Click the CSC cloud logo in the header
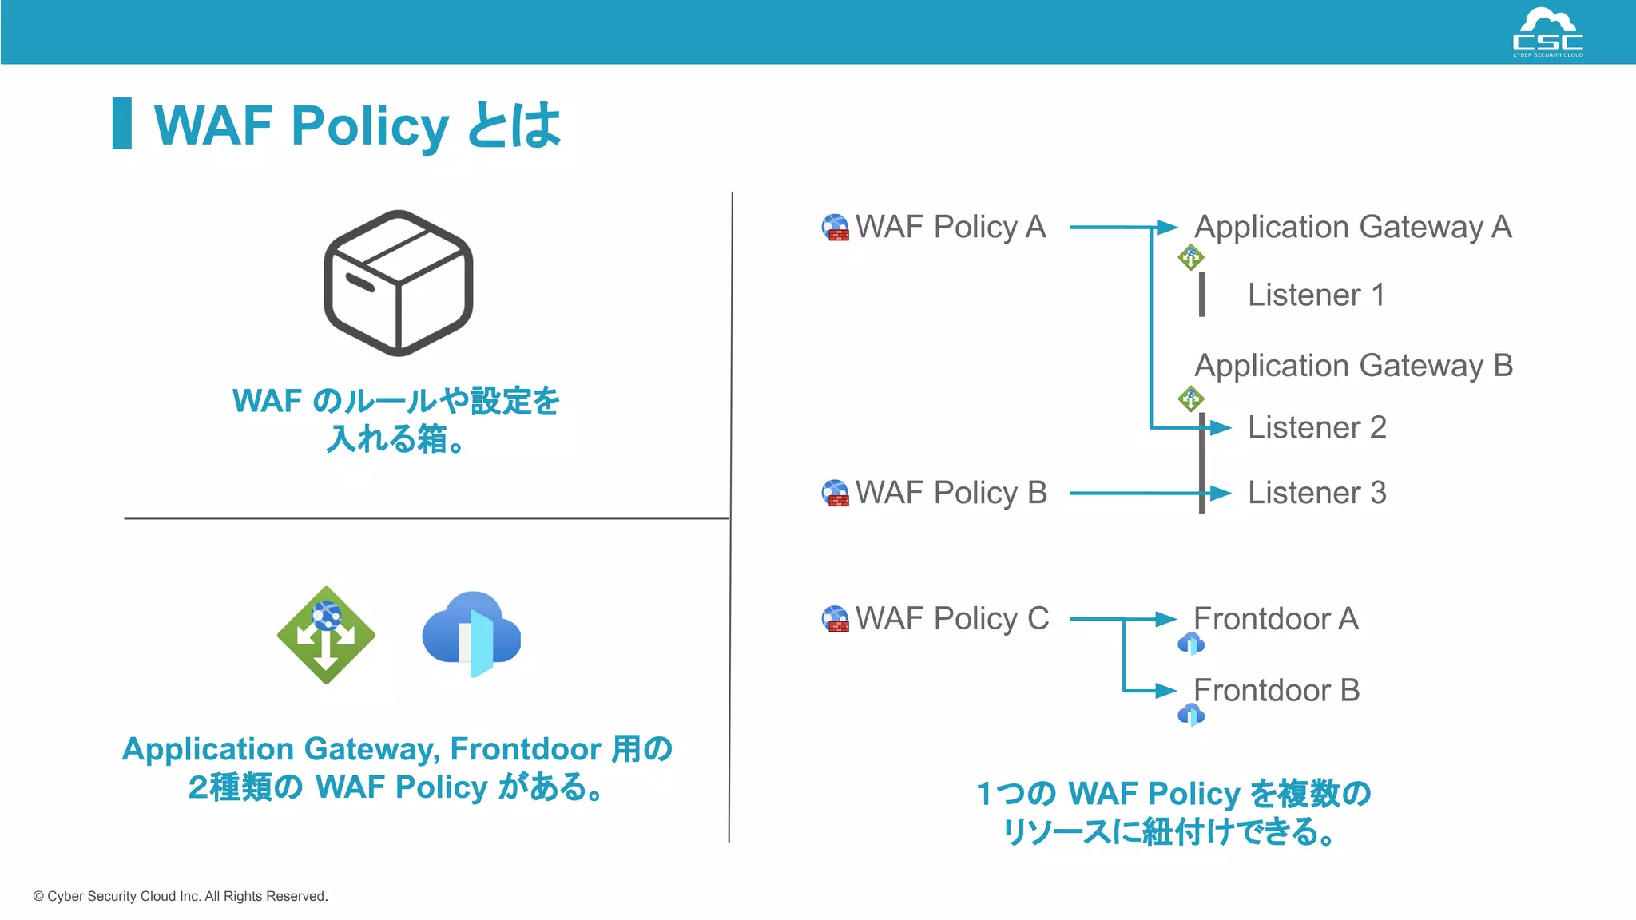[x=1547, y=32]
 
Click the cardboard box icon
[x=398, y=283]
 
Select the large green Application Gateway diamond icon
[x=326, y=636]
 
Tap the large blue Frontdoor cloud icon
[x=472, y=634]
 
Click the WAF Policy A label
[x=950, y=228]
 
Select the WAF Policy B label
[x=951, y=494]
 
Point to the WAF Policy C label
[x=951, y=619]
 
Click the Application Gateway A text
[x=1352, y=228]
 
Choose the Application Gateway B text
[x=1353, y=367]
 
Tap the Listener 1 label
[x=1316, y=295]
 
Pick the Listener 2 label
[x=1316, y=428]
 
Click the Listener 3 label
[x=1316, y=494]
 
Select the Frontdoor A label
[x=1276, y=619]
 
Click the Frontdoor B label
[x=1276, y=691]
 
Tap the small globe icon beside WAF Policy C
[x=836, y=619]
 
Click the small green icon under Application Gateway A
[x=1191, y=257]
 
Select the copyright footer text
[x=181, y=896]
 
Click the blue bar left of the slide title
[x=122, y=123]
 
